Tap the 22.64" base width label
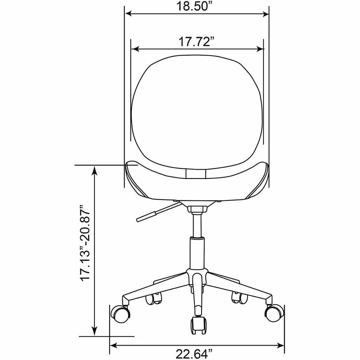pos(194,354)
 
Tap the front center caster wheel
pos(198,325)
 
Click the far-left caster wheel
pos(120,313)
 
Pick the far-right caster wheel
pos(274,313)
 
